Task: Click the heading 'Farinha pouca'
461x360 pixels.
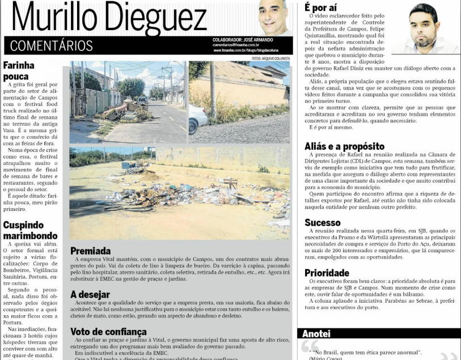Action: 19,70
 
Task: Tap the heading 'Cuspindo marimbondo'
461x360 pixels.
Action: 30,230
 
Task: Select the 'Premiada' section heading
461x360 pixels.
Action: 90,251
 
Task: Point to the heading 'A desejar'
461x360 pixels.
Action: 91,294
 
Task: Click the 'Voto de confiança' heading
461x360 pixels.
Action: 108,332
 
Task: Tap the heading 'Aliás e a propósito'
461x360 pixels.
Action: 344,146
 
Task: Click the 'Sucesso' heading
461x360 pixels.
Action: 323,222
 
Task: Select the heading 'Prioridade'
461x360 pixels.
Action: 327,273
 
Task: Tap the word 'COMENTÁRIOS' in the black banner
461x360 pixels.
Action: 52,46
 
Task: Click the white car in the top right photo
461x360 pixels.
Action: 197,118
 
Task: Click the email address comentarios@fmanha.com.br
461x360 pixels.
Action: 235,45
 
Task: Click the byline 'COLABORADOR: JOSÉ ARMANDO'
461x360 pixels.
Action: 243,40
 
